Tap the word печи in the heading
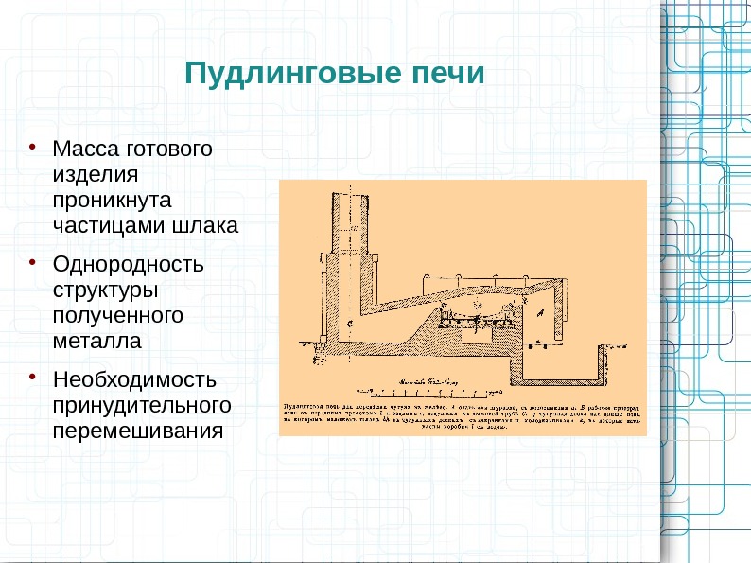coord(443,74)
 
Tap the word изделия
coord(96,175)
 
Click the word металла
coord(96,341)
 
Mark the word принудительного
coord(142,406)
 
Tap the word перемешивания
coord(138,431)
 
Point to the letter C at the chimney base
coord(352,325)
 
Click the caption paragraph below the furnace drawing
coord(463,414)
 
